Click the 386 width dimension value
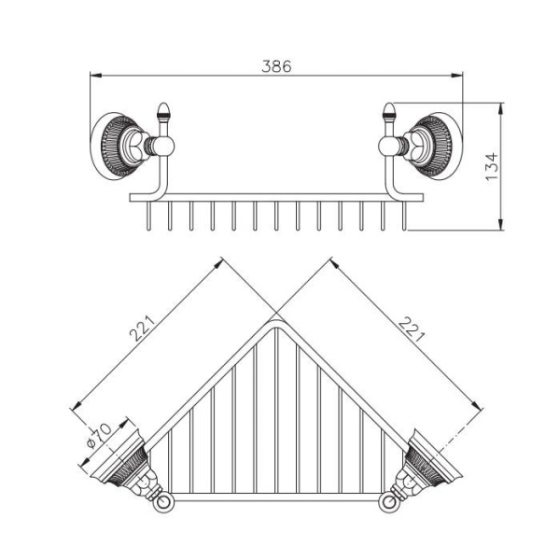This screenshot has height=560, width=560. [276, 66]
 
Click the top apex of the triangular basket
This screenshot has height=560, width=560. [276, 322]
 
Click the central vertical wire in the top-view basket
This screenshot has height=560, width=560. [276, 411]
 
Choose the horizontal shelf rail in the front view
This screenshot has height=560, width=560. [276, 197]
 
